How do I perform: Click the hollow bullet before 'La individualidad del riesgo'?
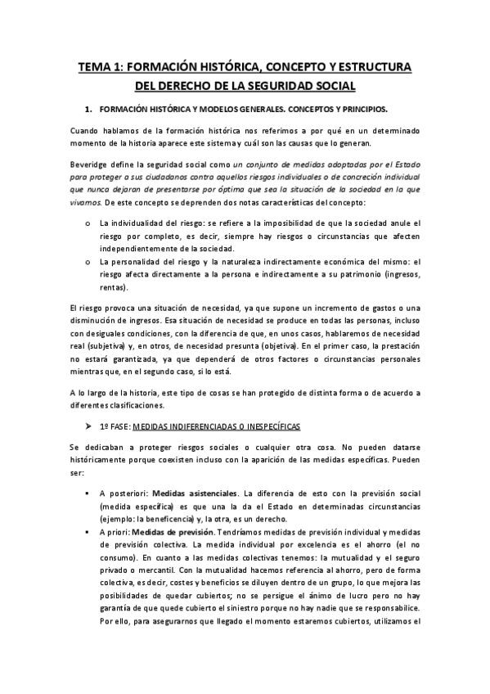(x=88, y=223)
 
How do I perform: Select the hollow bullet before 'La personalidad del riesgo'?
(x=88, y=262)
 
